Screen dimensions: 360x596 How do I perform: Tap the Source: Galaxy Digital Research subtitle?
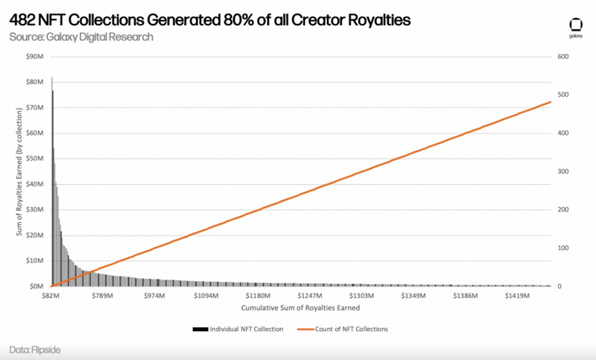tap(81, 37)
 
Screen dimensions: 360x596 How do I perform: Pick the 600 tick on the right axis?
tap(563, 57)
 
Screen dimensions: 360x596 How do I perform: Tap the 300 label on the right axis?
tap(563, 171)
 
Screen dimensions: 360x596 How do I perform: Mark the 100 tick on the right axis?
tap(563, 248)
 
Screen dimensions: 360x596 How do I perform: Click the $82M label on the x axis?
tap(50, 296)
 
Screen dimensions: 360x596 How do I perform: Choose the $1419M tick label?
tap(516, 296)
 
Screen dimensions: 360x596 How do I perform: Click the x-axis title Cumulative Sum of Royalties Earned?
tap(301, 307)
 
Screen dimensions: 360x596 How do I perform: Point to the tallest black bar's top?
tap(51, 77)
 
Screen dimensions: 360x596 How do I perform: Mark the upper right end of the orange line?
tap(551, 102)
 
